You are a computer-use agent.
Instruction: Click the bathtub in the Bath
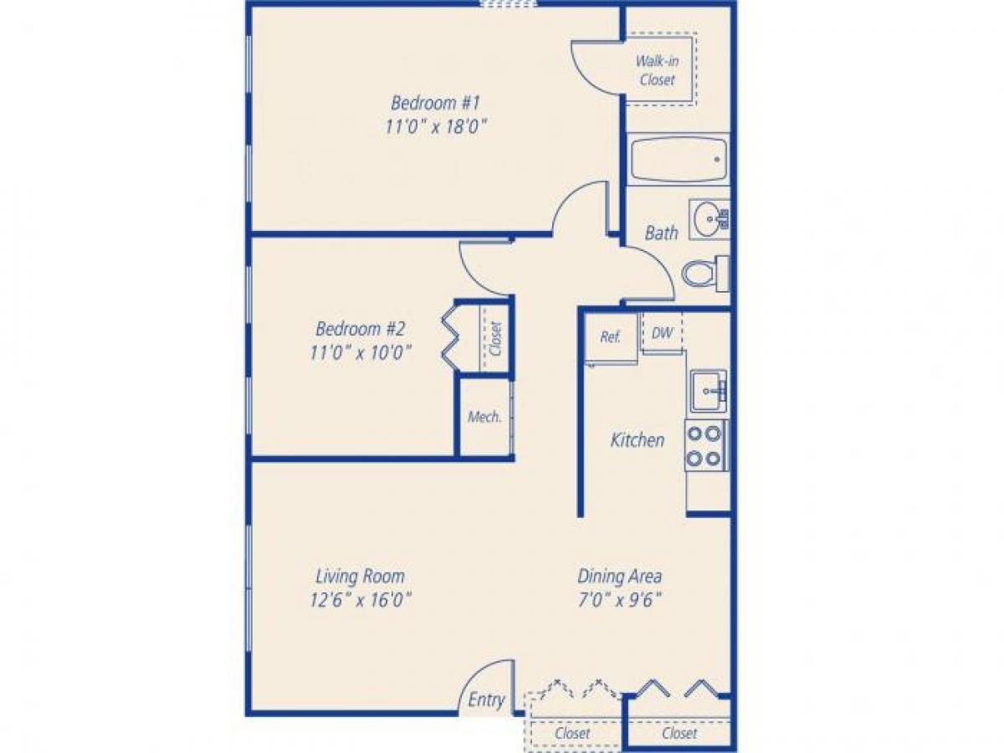pos(678,160)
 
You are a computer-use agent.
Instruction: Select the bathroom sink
pos(708,219)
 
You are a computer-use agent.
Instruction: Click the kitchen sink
pos(708,391)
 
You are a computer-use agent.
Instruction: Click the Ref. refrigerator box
pos(610,337)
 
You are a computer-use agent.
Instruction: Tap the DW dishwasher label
pos(662,333)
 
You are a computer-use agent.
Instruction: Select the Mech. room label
pos(484,417)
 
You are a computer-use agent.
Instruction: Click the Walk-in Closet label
pos(657,70)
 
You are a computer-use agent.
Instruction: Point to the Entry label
pos(486,700)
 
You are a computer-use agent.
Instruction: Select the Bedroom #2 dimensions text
pos(361,352)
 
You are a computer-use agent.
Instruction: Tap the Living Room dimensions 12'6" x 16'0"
pos(361,599)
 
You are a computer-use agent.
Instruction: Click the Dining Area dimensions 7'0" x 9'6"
pos(620,599)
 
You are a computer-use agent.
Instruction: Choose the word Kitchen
pos(638,439)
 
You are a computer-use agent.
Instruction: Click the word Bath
pos(661,233)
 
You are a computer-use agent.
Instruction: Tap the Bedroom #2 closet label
pos(495,340)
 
